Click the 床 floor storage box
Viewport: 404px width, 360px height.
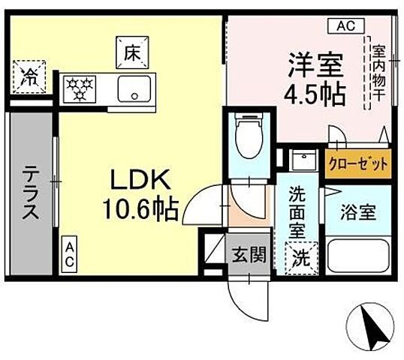pyautogui.click(x=129, y=52)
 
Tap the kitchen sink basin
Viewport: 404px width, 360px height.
pyautogui.click(x=135, y=88)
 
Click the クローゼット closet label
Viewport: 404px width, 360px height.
pyautogui.click(x=358, y=163)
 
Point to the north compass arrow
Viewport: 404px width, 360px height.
pyautogui.click(x=371, y=326)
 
